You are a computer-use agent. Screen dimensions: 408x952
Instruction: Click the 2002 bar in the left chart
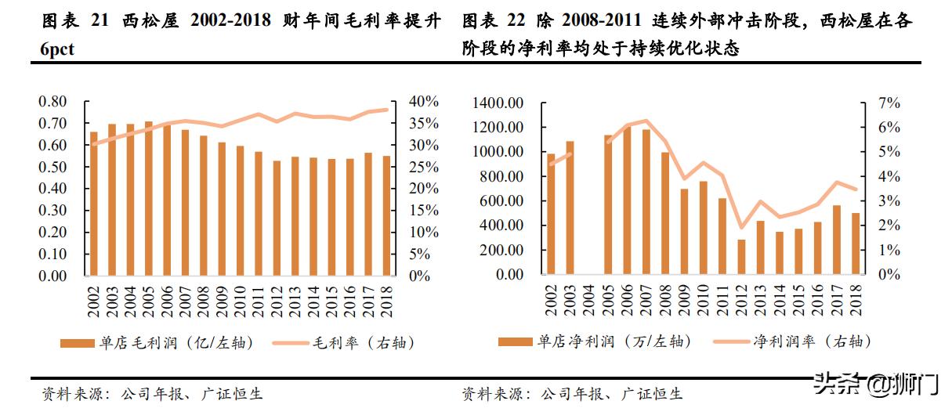[94, 204]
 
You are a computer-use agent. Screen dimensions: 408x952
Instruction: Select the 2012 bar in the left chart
[277, 218]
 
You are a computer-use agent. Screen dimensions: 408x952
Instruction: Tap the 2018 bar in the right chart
[855, 244]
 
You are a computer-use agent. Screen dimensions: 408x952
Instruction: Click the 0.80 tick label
[53, 102]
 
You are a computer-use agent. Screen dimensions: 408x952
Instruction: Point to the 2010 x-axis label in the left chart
[240, 300]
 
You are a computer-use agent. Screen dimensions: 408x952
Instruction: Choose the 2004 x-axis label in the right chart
[589, 300]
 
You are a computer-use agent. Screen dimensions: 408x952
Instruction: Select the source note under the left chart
[153, 393]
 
